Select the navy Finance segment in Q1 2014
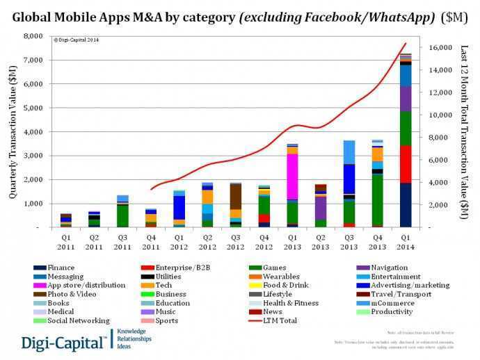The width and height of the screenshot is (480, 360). (x=406, y=205)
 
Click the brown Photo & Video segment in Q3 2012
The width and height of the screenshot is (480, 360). (x=237, y=196)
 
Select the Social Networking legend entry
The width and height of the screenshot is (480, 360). (x=80, y=320)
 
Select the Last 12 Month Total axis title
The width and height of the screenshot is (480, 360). (x=465, y=132)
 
